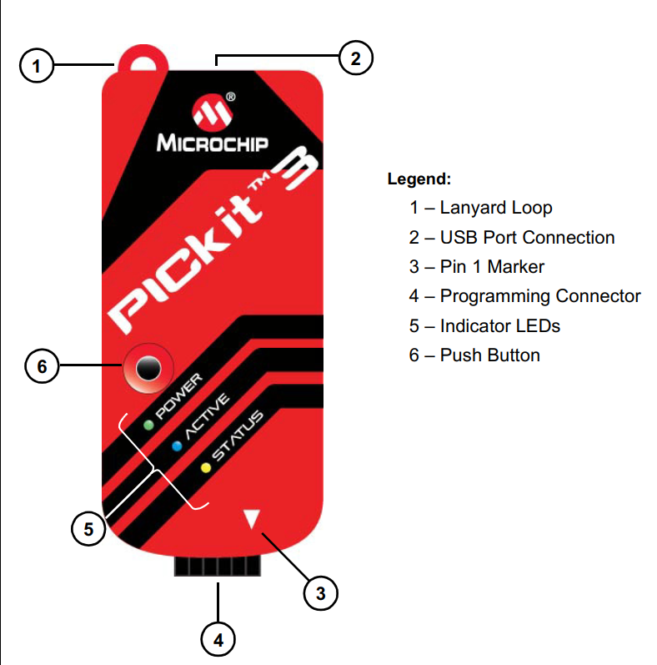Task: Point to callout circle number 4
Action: coord(218,640)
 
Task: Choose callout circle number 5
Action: coord(88,527)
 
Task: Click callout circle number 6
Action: coord(43,365)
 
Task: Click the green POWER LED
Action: coord(148,425)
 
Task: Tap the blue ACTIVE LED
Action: coord(177,446)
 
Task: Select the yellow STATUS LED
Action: coord(205,466)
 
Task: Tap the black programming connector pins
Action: coord(217,567)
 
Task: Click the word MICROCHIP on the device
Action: coord(213,143)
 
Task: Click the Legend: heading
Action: coord(419,179)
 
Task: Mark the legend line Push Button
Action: coord(474,355)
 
